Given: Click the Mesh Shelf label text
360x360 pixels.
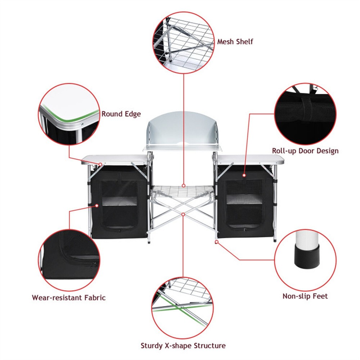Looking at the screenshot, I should pyautogui.click(x=235, y=41).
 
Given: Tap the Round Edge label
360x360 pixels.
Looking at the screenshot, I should pyautogui.click(x=121, y=114).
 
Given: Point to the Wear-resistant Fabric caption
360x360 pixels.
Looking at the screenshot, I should pyautogui.click(x=68, y=298).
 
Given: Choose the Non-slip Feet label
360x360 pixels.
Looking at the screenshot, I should pyautogui.click(x=305, y=296).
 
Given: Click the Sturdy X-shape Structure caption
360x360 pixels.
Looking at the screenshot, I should pyautogui.click(x=183, y=346).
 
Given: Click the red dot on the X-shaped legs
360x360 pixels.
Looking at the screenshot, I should pyautogui.click(x=183, y=214).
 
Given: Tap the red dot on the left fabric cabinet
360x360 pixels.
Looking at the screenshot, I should pyautogui.click(x=97, y=206).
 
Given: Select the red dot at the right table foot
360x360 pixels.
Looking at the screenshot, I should pyautogui.click(x=217, y=242).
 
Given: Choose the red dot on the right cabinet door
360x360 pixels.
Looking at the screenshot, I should pyautogui.click(x=244, y=175).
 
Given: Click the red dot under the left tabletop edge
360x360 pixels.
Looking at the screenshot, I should pyautogui.click(x=100, y=164).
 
